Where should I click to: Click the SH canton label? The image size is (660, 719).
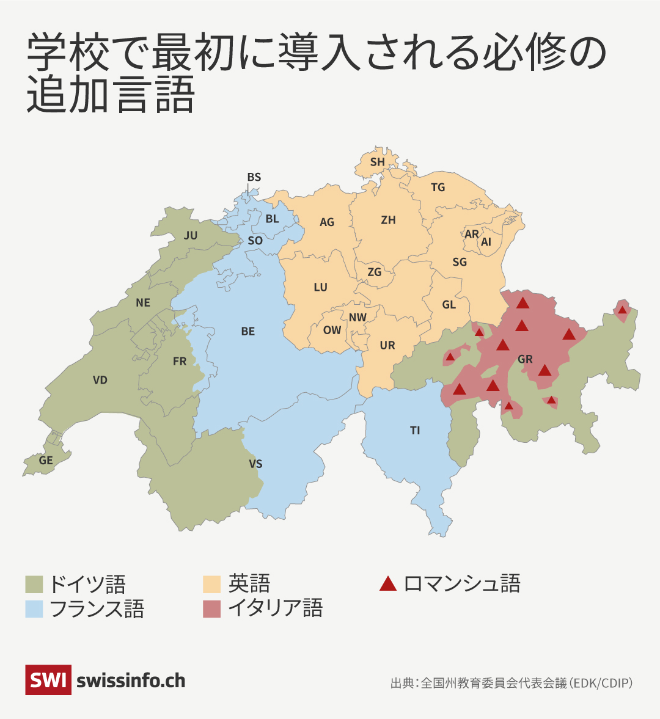pos(378,162)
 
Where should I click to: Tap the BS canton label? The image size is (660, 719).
pos(254,177)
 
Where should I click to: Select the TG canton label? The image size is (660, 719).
pos(438,188)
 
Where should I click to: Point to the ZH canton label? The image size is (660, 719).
pos(388,220)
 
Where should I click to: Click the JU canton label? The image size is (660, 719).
pos(191,235)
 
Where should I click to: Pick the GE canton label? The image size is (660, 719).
pos(46,461)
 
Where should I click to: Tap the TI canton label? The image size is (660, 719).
pos(415,431)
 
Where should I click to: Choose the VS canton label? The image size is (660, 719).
pos(255,464)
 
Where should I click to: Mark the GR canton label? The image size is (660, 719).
pos(525,359)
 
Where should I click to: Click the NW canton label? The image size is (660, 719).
pos(358,317)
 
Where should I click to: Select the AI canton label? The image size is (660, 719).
pos(486,242)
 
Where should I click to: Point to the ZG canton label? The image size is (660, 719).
pos(374,272)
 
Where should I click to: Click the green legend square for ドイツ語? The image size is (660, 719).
pos(34,585)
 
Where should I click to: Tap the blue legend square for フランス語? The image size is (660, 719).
pos(34,609)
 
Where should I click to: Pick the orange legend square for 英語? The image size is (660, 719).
pos(211,585)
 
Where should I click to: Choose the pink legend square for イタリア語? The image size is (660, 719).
pos(211,609)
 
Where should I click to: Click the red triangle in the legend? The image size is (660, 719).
pos(388,584)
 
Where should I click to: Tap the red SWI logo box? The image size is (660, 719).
pos(48,680)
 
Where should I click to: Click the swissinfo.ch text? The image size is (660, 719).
pos(131,681)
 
